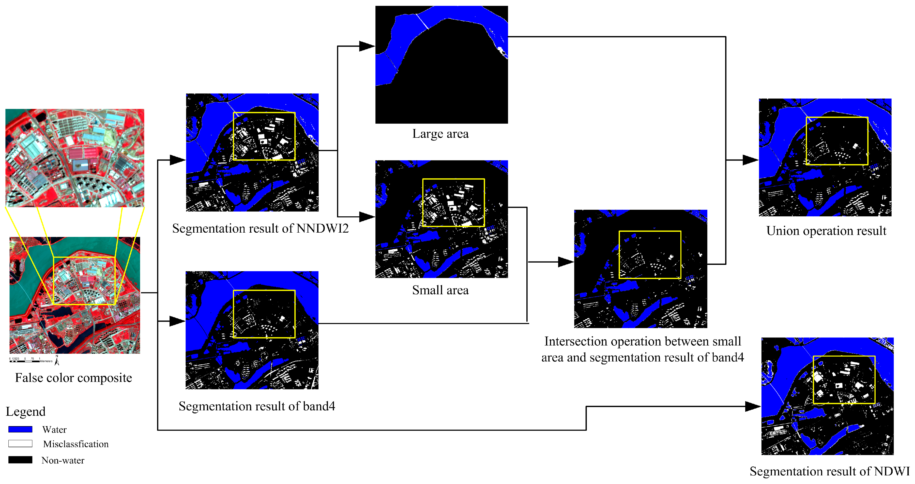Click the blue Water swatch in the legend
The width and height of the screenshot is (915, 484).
coord(20,429)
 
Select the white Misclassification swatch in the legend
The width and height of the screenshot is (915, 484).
coord(20,444)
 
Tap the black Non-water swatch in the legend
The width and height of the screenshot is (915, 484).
coord(20,460)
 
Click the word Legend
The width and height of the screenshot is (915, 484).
coord(26,412)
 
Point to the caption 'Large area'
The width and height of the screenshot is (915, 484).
coord(440,134)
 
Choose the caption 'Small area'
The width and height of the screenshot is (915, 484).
coord(440,290)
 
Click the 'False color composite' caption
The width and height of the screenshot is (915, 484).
coord(73,378)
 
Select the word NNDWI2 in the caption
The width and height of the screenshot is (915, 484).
coord(322,229)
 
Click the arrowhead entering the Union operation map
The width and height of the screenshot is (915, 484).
coord(750,160)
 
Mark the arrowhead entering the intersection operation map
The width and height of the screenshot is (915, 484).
coord(566,262)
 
